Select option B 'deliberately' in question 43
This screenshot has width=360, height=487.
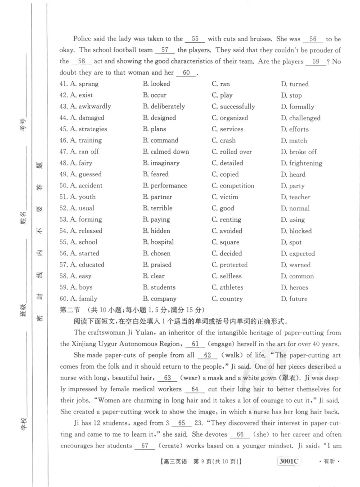(x=164, y=107)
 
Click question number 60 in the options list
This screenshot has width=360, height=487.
(x=63, y=299)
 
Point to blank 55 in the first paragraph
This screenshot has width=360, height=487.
(x=195, y=39)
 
